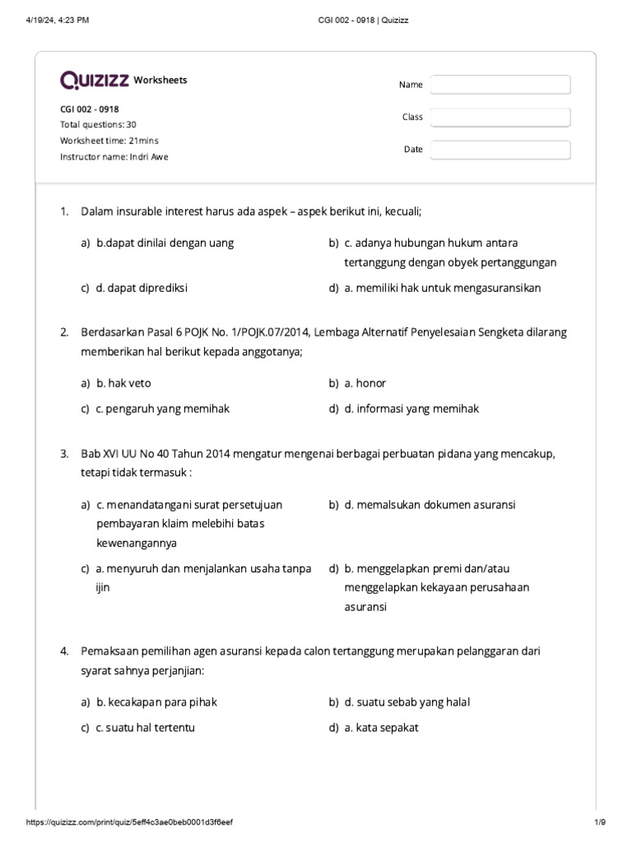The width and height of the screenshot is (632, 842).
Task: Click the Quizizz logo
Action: pos(94,80)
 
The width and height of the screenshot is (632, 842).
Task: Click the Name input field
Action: pos(500,85)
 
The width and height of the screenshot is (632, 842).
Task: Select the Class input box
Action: pos(500,118)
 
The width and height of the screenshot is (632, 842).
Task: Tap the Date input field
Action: pos(500,150)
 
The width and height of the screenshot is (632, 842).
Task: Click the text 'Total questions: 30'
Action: pos(98,125)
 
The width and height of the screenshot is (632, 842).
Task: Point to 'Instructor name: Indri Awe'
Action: pos(114,156)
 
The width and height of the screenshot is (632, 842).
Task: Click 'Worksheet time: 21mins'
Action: pos(109,141)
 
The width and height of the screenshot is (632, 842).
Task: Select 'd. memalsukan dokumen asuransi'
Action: pos(430,504)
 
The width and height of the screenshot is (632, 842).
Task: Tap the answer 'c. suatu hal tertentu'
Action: pos(146,728)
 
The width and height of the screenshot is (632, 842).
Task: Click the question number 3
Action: pos(64,454)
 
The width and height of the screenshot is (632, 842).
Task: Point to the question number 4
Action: pos(64,651)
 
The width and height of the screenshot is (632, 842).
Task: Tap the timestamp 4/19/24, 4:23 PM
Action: pos(57,20)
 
